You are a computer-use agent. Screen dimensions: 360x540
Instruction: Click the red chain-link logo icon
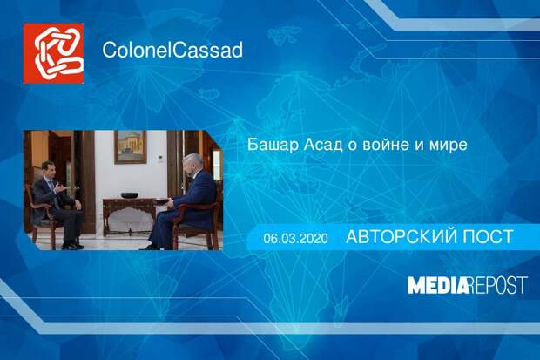pos(53,52)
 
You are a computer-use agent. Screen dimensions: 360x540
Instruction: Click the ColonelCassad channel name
pos(172,50)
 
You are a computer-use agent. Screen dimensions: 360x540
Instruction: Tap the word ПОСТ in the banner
pos(483,237)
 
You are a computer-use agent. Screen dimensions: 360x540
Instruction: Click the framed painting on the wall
pos(130,147)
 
